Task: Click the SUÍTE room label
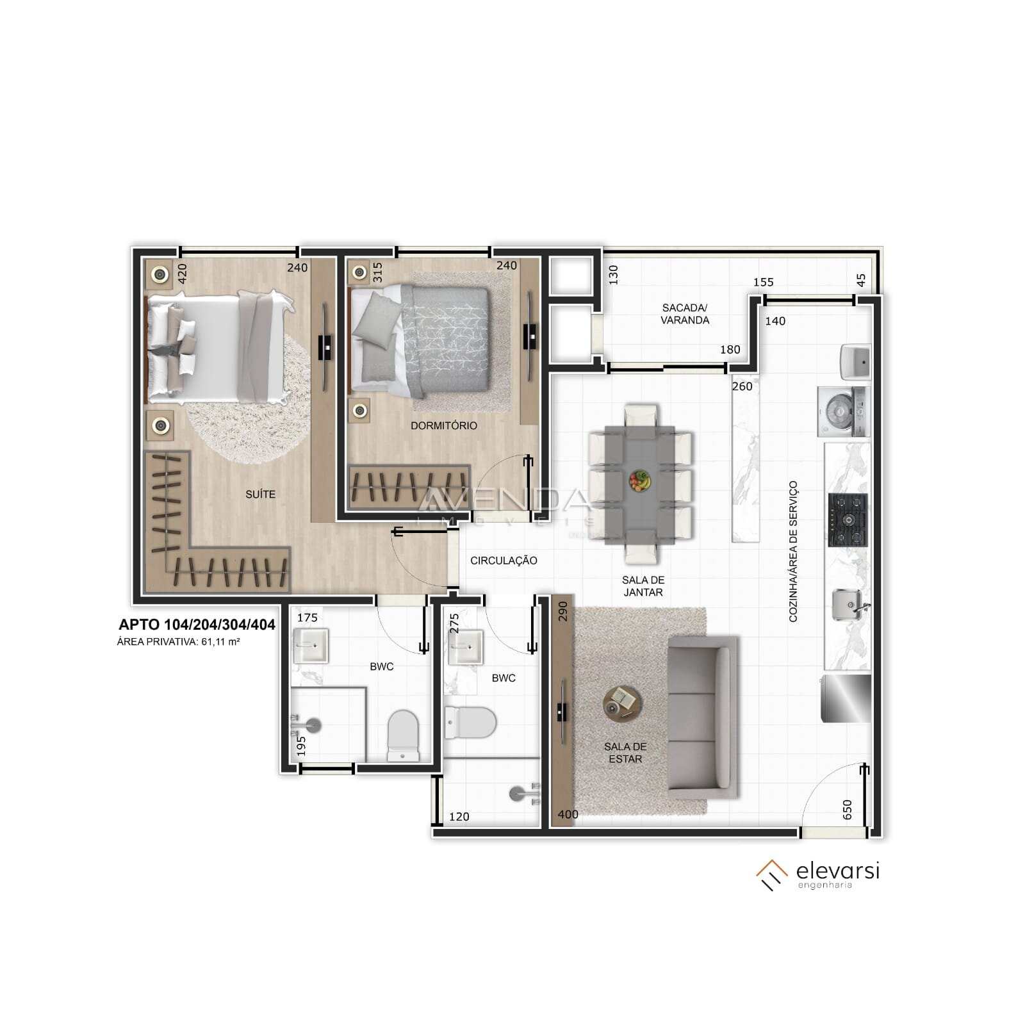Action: pyautogui.click(x=260, y=495)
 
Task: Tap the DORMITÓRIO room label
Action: pyautogui.click(x=443, y=425)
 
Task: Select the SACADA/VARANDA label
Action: pyautogui.click(x=685, y=314)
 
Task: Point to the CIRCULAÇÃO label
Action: pyautogui.click(x=504, y=561)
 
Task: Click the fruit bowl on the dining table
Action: pyautogui.click(x=639, y=480)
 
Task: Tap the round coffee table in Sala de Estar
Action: pyautogui.click(x=621, y=703)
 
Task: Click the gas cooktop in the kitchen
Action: pyautogui.click(x=848, y=520)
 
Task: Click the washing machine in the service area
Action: pyautogui.click(x=843, y=411)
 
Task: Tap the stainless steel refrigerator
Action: pyautogui.click(x=846, y=698)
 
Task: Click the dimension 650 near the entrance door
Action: pyautogui.click(x=848, y=810)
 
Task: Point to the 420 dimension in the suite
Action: pyautogui.click(x=182, y=274)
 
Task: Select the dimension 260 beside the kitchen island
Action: pyautogui.click(x=742, y=386)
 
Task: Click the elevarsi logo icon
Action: pyautogui.click(x=772, y=875)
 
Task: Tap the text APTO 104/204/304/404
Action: pyautogui.click(x=197, y=625)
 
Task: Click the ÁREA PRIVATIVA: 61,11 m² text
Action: pyautogui.click(x=178, y=641)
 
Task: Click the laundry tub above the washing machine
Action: pyautogui.click(x=855, y=362)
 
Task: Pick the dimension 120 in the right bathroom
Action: pyautogui.click(x=459, y=817)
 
